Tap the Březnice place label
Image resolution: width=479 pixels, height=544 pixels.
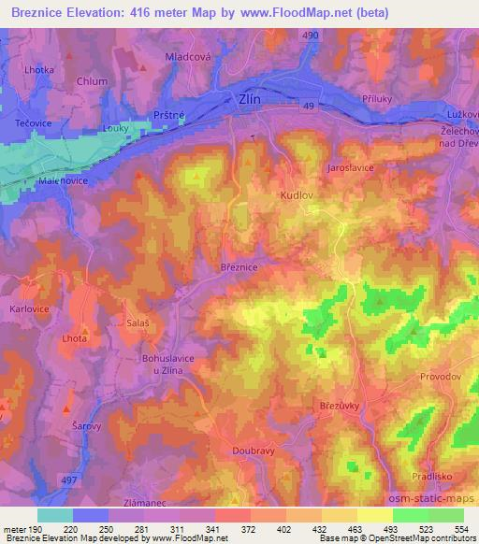coord(239,266)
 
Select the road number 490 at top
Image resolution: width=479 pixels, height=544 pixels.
coord(310,35)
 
